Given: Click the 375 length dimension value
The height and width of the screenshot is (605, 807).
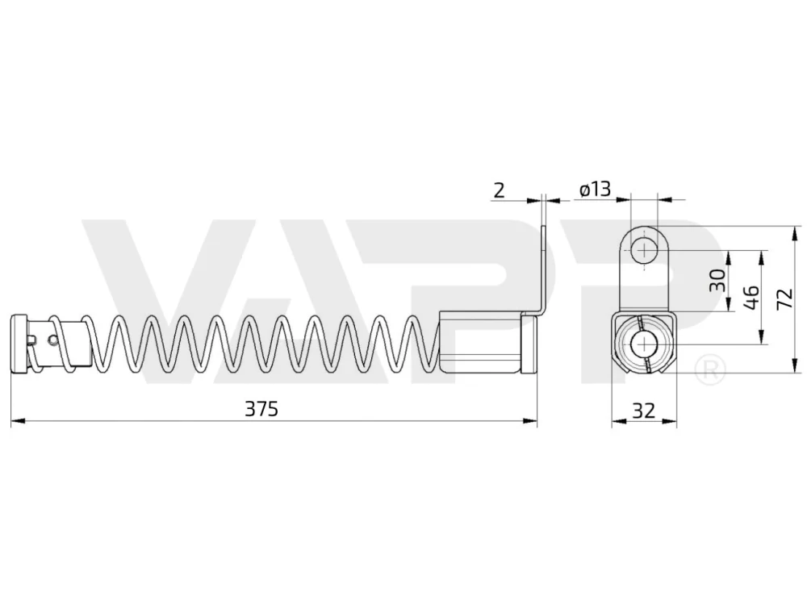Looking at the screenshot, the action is click(261, 409).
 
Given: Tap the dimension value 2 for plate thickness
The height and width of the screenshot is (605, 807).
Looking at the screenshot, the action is click(500, 190).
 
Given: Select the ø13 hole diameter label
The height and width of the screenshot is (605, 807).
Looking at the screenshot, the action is click(595, 190).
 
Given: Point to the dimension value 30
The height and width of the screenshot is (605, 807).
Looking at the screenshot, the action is click(717, 280).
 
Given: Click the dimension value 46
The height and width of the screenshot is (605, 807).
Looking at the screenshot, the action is click(751, 298).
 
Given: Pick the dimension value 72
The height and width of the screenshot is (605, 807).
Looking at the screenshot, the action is click(785, 298).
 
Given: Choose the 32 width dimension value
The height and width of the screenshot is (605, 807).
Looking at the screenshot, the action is click(643, 410).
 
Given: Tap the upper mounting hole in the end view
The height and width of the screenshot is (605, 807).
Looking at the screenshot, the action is click(644, 252).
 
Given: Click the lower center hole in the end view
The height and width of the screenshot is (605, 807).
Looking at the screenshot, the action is click(644, 344).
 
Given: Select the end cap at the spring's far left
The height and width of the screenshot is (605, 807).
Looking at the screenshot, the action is click(19, 343).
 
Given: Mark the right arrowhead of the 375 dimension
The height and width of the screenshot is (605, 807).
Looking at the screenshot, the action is click(530, 421).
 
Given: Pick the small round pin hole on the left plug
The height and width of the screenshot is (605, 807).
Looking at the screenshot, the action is click(52, 340).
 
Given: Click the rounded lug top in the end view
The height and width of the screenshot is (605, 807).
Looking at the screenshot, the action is click(644, 230).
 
